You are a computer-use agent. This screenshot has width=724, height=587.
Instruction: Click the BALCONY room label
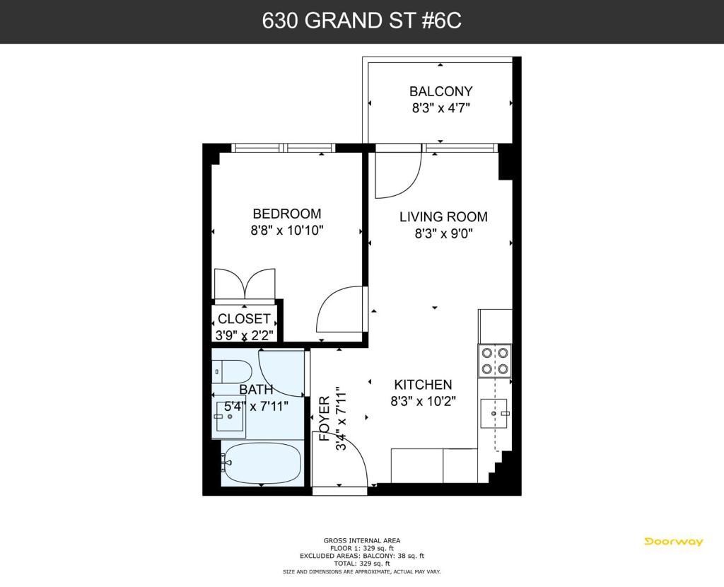440,91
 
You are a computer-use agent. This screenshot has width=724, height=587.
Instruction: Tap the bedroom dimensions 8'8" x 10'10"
288,231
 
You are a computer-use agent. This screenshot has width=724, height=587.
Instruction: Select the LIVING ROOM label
443,217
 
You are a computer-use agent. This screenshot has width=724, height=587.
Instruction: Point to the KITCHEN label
423,385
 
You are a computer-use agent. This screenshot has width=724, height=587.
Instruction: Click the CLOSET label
244,319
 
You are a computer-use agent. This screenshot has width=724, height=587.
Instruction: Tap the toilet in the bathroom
233,371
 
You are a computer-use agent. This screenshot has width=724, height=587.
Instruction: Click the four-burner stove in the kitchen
495,359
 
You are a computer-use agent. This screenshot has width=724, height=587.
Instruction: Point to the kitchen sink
494,412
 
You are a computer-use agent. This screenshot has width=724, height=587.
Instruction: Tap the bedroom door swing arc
341,313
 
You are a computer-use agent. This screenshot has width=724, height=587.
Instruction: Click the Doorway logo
674,542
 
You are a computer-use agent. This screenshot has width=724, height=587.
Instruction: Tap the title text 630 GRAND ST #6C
361,21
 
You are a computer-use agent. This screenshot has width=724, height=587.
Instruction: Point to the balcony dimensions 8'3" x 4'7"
440,108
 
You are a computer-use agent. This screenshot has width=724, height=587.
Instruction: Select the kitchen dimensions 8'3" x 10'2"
423,401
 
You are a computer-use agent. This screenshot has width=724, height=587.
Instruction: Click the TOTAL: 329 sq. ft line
361,564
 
